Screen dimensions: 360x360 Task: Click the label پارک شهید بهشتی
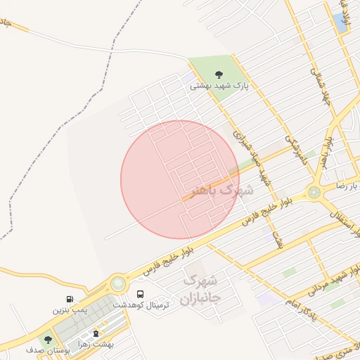219,86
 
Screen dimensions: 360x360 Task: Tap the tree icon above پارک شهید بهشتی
219,74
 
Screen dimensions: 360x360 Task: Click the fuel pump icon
70,300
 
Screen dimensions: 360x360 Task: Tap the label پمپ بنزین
70,309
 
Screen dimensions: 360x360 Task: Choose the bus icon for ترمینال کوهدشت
141,294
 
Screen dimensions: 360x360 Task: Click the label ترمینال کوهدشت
141,305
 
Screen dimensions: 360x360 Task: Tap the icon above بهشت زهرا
96,333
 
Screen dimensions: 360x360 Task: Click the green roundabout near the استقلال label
314,192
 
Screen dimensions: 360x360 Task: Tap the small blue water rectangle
342,22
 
